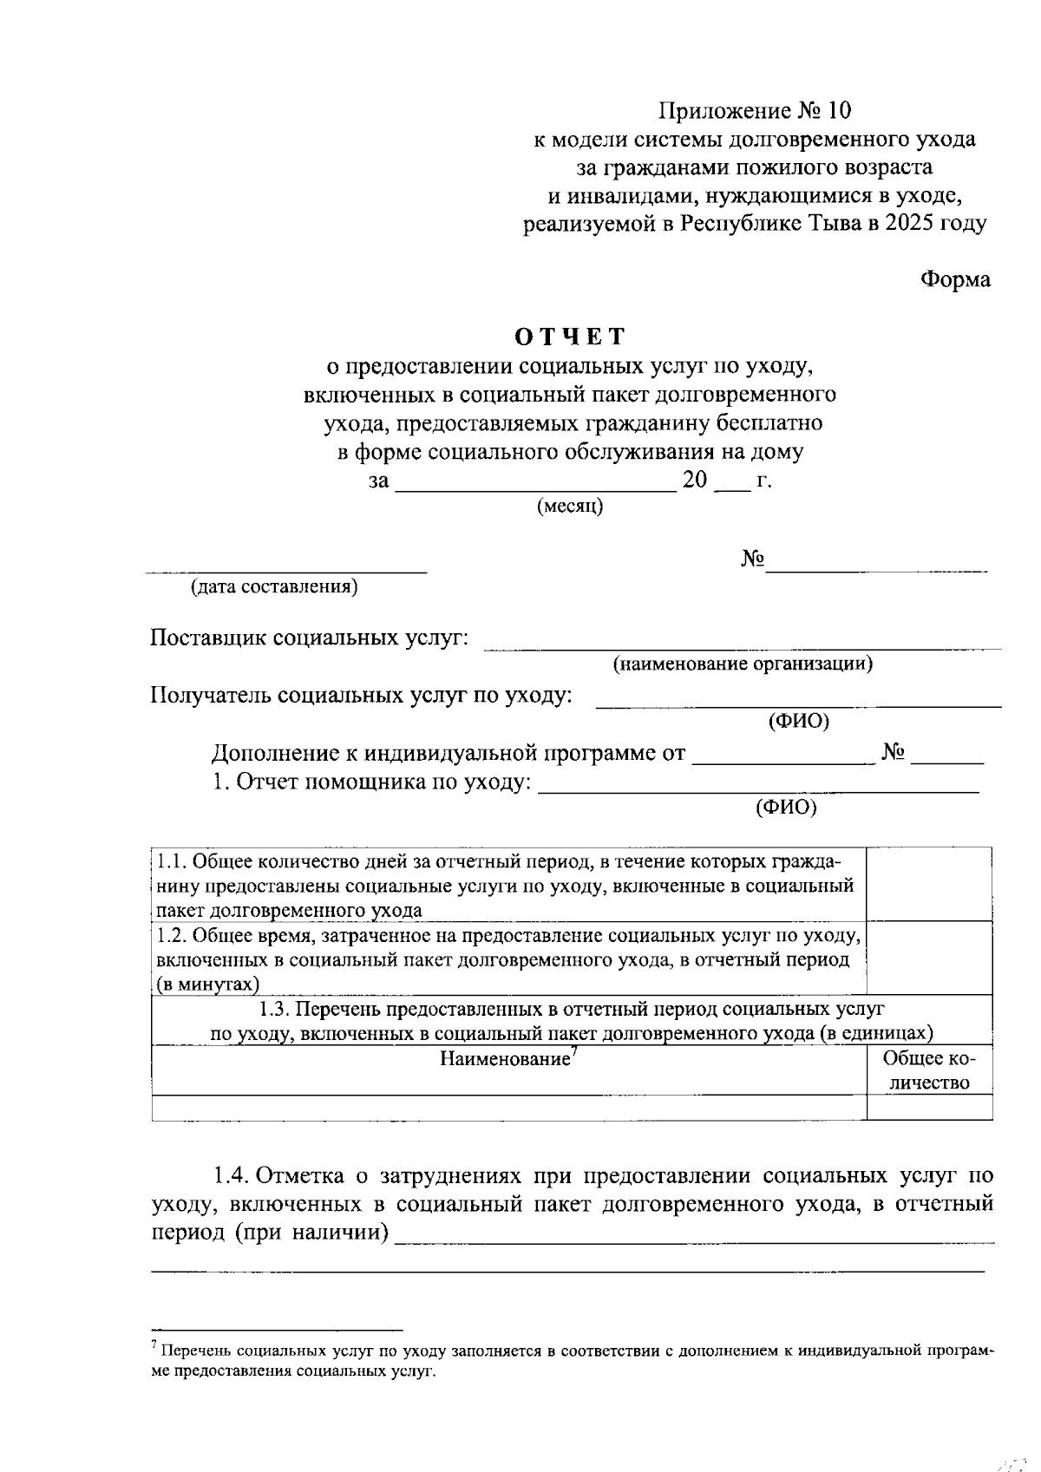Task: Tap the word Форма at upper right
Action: coord(954,280)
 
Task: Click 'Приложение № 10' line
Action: coord(755,111)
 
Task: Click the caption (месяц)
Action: coord(569,506)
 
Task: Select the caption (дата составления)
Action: coord(274,586)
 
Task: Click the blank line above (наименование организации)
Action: coord(742,647)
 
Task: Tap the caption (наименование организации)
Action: coord(742,664)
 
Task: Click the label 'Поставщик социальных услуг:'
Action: coord(310,638)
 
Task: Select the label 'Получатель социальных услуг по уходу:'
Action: coord(361,696)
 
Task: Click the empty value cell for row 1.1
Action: coord(928,885)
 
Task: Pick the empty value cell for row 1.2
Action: coord(928,958)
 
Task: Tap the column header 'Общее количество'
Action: coord(928,1070)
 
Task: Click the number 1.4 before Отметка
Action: coord(232,1176)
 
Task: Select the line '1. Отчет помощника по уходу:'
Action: coord(371,782)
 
